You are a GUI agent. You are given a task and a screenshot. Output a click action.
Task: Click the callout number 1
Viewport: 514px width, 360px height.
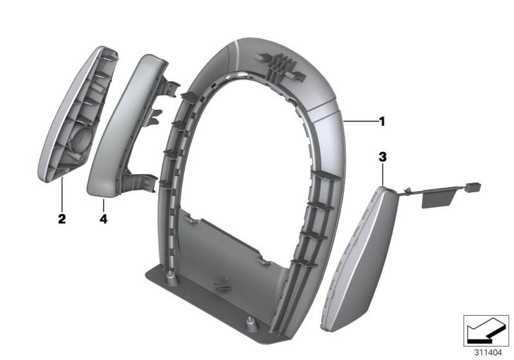[x=382, y=120]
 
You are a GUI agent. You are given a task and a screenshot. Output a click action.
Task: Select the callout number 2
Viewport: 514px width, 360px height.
[x=62, y=219]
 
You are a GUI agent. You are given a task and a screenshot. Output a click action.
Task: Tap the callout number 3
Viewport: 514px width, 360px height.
[x=382, y=156]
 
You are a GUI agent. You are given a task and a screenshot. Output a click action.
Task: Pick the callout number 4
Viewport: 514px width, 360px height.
[x=103, y=219]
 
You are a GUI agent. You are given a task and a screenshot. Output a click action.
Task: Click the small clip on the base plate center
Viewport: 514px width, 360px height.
[x=221, y=283]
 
